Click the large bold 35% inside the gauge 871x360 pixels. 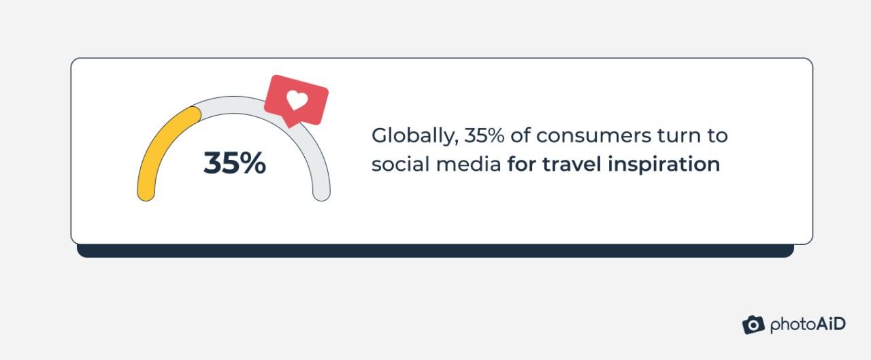(234, 163)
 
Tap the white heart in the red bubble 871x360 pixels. (297, 100)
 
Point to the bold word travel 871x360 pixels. (568, 164)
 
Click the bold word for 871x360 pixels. (521, 164)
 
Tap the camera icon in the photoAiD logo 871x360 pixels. (753, 325)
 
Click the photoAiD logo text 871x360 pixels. (808, 325)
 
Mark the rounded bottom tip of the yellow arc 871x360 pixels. (146, 193)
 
